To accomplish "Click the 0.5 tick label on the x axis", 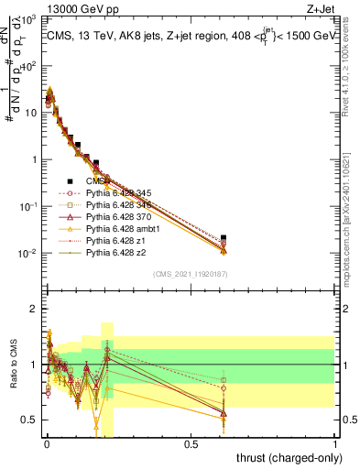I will point(191,445).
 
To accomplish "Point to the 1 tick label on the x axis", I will point(334,445).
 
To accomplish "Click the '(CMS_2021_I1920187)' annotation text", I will point(190,273).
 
